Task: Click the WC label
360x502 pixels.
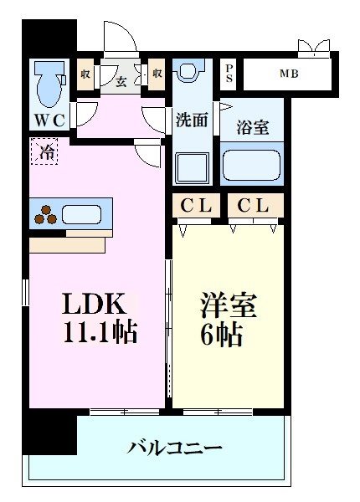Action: (49, 120)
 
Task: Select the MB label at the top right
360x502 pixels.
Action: (288, 73)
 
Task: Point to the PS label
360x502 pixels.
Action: (229, 73)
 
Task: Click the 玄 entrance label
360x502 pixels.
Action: (121, 80)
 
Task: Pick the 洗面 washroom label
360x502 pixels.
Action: (192, 120)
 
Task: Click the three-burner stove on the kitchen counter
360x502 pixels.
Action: (46, 215)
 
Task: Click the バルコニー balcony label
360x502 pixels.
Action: (175, 448)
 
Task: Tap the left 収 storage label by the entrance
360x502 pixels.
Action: (86, 74)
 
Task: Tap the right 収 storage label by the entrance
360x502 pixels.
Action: (157, 74)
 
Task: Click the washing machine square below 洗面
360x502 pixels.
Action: (191, 163)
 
